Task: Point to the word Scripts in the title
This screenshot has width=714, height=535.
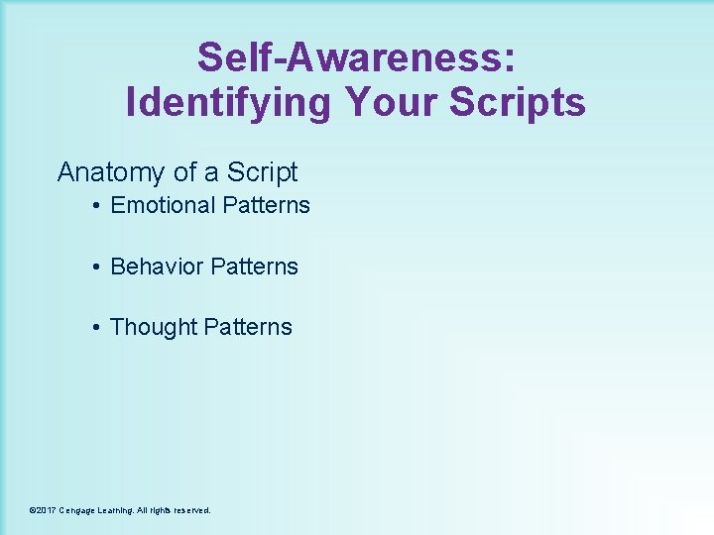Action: coord(517,102)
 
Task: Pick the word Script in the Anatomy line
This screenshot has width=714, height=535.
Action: coord(262,172)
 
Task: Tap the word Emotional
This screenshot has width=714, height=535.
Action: coord(163,205)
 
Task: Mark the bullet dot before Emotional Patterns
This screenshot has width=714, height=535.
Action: coord(95,206)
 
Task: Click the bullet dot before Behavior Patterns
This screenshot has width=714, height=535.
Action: coord(95,267)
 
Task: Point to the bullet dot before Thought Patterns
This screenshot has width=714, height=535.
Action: coord(95,328)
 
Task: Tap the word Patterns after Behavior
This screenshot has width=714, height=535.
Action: coord(254,267)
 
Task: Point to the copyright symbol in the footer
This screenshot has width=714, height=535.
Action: coord(33,510)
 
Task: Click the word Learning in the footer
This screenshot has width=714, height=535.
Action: coord(120,510)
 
